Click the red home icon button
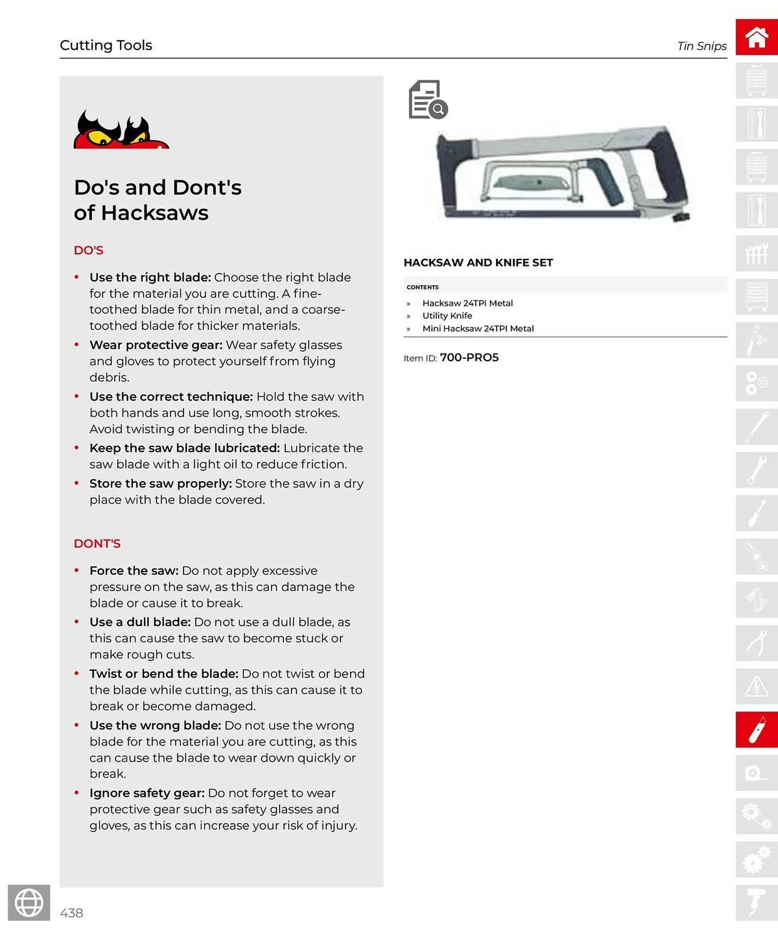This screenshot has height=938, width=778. click(756, 37)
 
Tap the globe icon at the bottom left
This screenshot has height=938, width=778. click(29, 902)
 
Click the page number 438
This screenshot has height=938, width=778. click(71, 913)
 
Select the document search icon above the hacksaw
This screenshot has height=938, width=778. click(428, 99)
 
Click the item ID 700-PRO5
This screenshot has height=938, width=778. click(469, 357)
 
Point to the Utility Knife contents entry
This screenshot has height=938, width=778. click(447, 316)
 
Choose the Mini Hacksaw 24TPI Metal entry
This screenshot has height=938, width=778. click(478, 328)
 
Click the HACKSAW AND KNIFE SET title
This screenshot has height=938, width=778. click(478, 263)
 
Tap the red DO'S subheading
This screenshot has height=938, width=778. click(88, 250)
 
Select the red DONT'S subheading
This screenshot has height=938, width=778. click(97, 543)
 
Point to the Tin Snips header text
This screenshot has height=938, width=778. click(702, 46)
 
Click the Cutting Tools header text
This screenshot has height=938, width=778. click(106, 45)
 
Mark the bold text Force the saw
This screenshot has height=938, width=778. click(134, 570)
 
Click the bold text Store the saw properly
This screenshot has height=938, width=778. click(160, 483)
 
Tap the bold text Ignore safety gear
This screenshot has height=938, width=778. click(147, 793)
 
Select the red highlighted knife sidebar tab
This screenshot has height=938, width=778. click(756, 729)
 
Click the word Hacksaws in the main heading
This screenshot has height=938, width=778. click(155, 212)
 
